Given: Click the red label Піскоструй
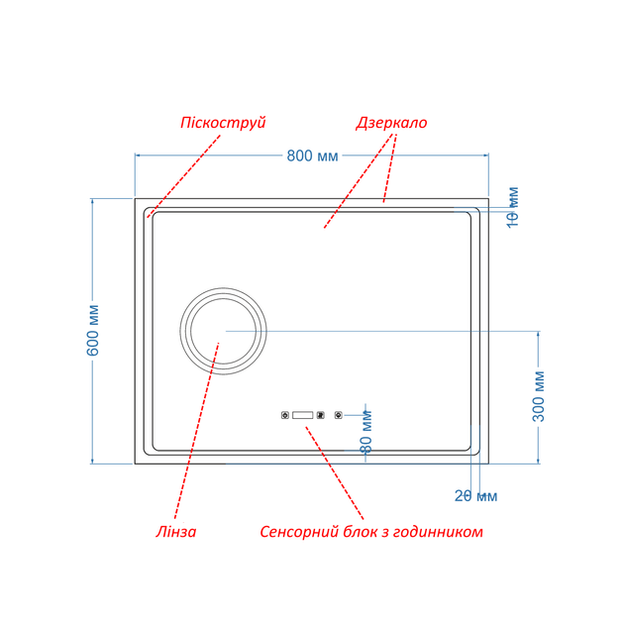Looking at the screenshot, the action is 223,123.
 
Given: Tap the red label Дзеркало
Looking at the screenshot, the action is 391,123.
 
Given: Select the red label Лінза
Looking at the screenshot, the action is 176,532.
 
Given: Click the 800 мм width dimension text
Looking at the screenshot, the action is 312,156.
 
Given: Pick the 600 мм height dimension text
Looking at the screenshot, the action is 93,330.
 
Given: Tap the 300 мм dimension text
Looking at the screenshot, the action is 539,396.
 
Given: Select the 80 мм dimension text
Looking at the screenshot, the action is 365,432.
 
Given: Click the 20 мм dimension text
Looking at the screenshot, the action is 476,496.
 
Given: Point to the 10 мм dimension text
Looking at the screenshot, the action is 513,207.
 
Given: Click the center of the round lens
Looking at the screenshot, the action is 223,331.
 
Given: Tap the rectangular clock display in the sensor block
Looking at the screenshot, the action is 302,415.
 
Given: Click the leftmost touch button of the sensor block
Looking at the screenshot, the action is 285,415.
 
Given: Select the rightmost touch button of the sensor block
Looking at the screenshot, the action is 339,415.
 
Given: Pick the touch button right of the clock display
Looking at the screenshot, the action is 320,415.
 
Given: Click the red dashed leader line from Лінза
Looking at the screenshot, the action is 196,431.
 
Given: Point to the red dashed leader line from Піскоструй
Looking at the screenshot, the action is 183,176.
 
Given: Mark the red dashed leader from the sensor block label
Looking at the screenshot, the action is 335,473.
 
